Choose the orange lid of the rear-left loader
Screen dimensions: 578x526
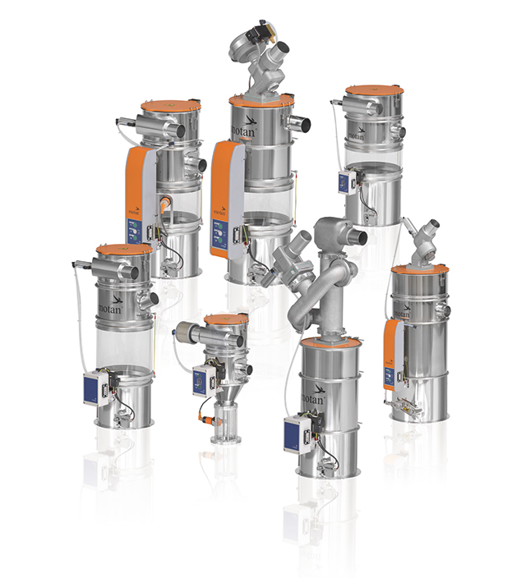[170, 107]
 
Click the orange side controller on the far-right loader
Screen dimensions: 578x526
[393, 353]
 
